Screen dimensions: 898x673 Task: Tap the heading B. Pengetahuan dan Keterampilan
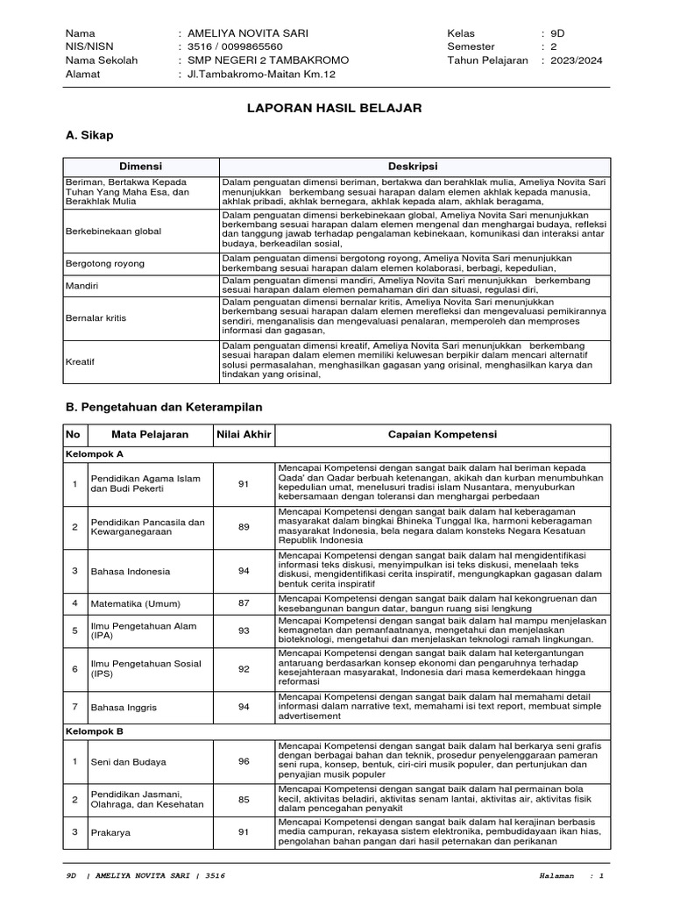click(164, 407)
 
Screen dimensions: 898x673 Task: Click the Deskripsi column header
click(413, 166)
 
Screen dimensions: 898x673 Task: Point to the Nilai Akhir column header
click(244, 435)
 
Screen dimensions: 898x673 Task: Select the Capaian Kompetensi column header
click(443, 435)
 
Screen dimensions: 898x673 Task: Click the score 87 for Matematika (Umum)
click(244, 603)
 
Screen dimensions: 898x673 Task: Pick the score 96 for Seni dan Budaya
click(244, 762)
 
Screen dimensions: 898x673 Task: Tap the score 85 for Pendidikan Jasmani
click(244, 800)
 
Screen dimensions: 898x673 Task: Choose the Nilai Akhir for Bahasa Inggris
click(244, 707)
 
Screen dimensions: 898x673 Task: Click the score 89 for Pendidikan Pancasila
click(244, 527)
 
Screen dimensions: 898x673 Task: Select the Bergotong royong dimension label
click(105, 263)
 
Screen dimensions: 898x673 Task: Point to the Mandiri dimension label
click(83, 286)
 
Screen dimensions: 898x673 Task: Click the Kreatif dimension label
click(81, 360)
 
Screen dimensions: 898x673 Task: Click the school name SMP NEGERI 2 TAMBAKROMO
click(262, 61)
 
